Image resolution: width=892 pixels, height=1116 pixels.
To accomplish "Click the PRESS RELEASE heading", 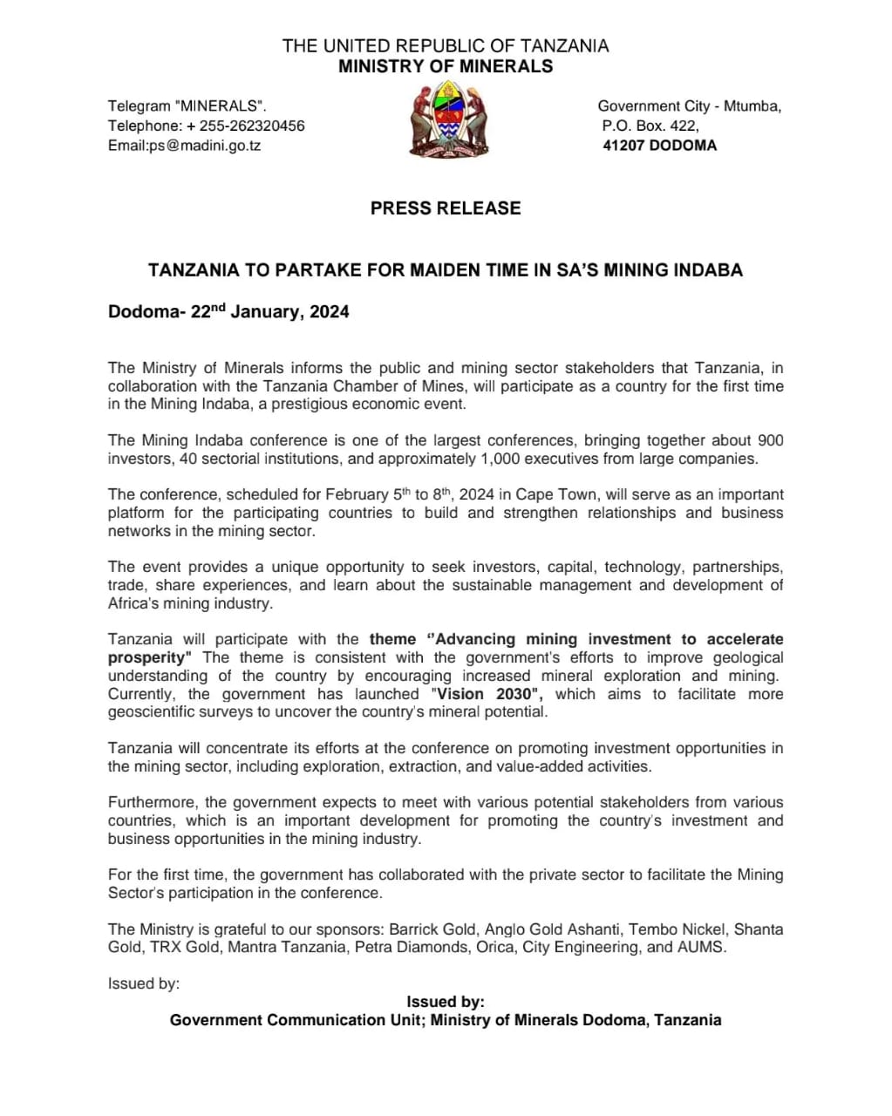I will pyautogui.click(x=446, y=208).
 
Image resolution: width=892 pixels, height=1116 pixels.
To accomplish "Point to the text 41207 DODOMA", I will pyautogui.click(x=659, y=146).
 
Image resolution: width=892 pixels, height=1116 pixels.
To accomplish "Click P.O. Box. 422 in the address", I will pyautogui.click(x=650, y=126).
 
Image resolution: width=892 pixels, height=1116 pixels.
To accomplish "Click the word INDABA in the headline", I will pyautogui.click(x=707, y=270).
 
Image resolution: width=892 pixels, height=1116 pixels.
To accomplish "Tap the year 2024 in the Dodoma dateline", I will pyautogui.click(x=329, y=312).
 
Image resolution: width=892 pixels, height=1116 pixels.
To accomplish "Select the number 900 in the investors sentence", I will pyautogui.click(x=770, y=440).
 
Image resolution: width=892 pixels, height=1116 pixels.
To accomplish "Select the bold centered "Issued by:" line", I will pyautogui.click(x=445, y=1002).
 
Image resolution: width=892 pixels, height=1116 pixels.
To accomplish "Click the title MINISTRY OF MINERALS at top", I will pyautogui.click(x=446, y=67).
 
